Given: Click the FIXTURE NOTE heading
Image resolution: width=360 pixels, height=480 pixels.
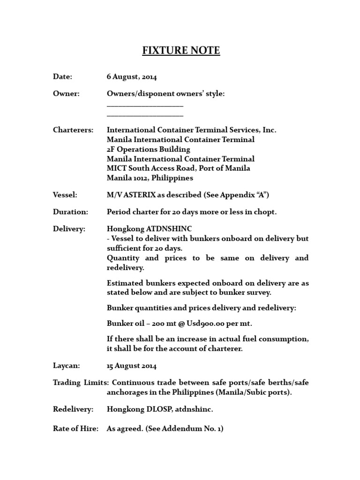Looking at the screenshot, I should tap(181, 50).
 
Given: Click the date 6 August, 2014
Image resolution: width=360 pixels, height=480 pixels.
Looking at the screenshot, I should tap(132, 77).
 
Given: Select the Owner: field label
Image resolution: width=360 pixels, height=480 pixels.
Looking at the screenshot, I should tap(66, 94).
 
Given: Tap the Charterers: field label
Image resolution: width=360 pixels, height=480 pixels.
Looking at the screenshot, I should tap(73, 129).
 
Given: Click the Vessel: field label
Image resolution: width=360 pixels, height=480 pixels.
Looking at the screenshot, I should tap(65, 194).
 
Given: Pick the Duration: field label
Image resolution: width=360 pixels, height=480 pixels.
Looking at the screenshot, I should tap(70, 211).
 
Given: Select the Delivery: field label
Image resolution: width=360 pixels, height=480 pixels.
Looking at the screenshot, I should tap(69, 229).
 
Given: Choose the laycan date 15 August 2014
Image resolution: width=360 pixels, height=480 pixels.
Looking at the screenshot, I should tap(132, 365).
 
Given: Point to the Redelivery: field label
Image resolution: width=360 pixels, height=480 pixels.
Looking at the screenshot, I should tap(73, 409).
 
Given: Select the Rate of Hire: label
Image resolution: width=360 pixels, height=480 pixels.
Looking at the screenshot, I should tap(75, 428).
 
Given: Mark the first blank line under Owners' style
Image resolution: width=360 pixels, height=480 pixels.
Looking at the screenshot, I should tap(145, 105).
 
